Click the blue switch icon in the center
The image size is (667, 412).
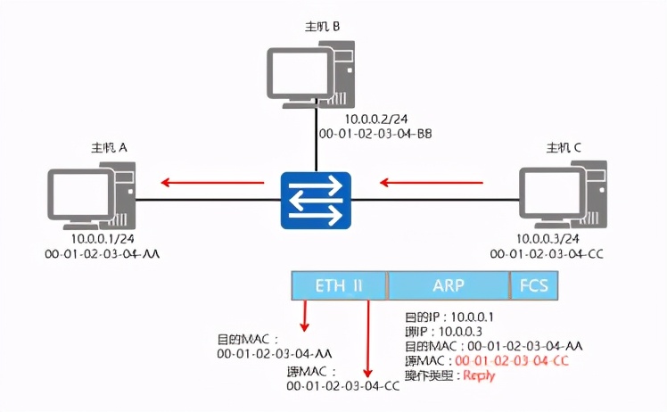pos(317,201)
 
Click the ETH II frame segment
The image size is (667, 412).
pos(339,285)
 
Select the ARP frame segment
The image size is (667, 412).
pos(448,285)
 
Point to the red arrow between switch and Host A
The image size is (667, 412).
pos(213,184)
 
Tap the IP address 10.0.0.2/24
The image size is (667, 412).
pos(377,119)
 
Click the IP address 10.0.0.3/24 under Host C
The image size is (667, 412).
pos(548,240)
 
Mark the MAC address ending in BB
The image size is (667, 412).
pos(378,133)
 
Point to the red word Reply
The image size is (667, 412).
pos(478,375)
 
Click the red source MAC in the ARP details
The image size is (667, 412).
pos(512,360)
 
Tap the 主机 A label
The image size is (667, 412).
pos(110,146)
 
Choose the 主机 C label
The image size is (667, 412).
pos(564,146)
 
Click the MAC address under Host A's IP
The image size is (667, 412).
pos(102,254)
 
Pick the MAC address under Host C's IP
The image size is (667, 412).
pos(548,254)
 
